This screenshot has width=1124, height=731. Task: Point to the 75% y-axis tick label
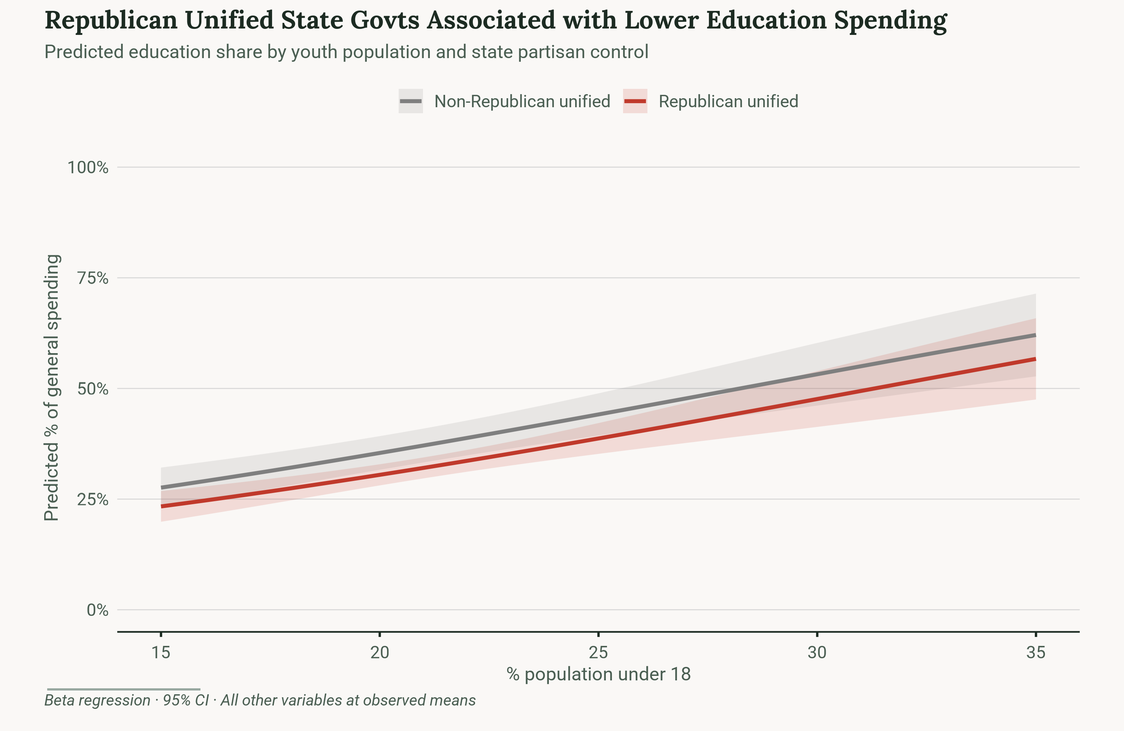[93, 278]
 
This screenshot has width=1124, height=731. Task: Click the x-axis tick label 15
[161, 653]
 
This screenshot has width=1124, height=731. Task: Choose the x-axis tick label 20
[379, 653]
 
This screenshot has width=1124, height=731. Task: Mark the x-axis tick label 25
[598, 653]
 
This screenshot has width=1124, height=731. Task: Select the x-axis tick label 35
[1035, 653]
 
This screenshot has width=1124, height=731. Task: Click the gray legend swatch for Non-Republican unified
[410, 101]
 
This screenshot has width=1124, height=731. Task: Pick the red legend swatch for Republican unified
[635, 101]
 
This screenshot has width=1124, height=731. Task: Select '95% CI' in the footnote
[185, 700]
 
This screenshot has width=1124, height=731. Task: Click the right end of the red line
[1035, 360]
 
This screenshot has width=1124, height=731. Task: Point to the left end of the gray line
[162, 487]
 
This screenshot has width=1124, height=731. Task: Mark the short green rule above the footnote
[123, 689]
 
